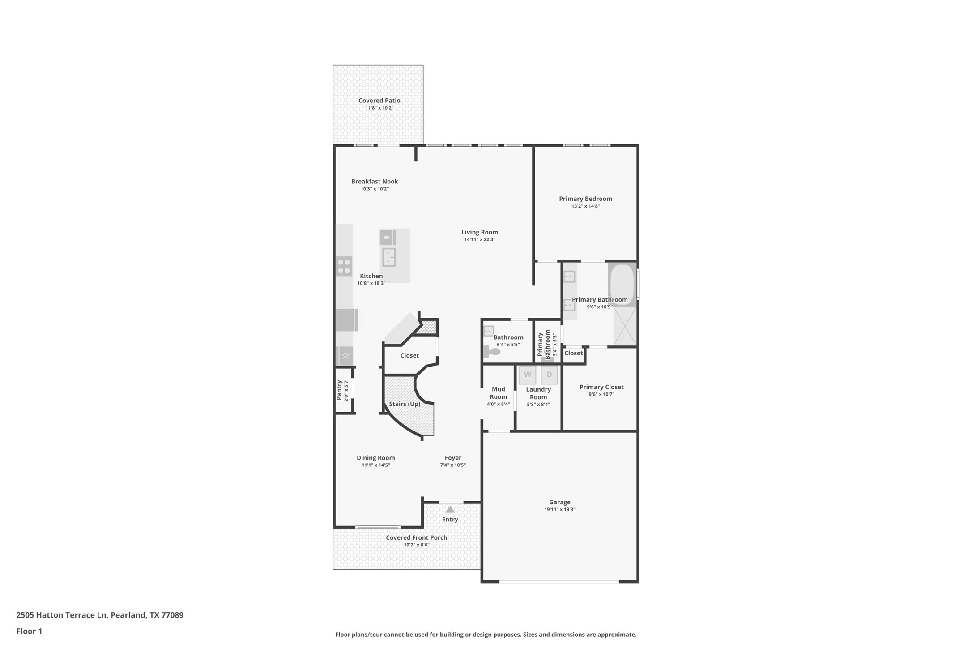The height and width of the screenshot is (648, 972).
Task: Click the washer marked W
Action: [x=527, y=375]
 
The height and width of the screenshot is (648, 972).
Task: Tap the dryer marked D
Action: [x=549, y=375]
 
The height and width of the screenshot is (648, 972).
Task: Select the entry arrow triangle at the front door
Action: [x=450, y=510]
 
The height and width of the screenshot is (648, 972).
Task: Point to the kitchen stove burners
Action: [x=344, y=266]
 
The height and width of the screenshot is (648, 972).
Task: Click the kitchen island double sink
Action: [x=388, y=257]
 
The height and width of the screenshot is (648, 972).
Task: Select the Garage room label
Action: [x=559, y=502]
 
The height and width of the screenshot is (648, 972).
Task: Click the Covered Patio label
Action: [x=379, y=101]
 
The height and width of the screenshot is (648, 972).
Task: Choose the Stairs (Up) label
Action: [x=405, y=404]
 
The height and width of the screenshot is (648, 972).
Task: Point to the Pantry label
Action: [x=339, y=390]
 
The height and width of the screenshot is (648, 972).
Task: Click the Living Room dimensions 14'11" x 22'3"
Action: [x=479, y=239]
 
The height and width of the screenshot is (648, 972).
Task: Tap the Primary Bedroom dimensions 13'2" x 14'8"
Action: [x=585, y=206]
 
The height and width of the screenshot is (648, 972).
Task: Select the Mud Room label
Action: [x=498, y=393]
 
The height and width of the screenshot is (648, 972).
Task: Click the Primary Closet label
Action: [x=601, y=387]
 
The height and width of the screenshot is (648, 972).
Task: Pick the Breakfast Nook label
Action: [x=375, y=181]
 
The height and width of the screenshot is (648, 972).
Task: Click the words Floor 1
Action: [x=29, y=631]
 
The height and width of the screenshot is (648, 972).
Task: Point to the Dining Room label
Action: [x=375, y=458]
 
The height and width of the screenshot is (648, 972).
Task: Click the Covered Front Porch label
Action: [x=416, y=537]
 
